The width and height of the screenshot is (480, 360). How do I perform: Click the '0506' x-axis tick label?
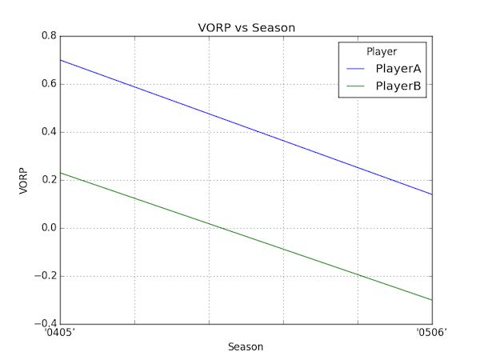click(x=432, y=334)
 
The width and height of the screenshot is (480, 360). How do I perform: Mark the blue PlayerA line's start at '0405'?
click(x=60, y=60)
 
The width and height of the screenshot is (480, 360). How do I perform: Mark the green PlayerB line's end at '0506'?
click(x=432, y=300)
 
